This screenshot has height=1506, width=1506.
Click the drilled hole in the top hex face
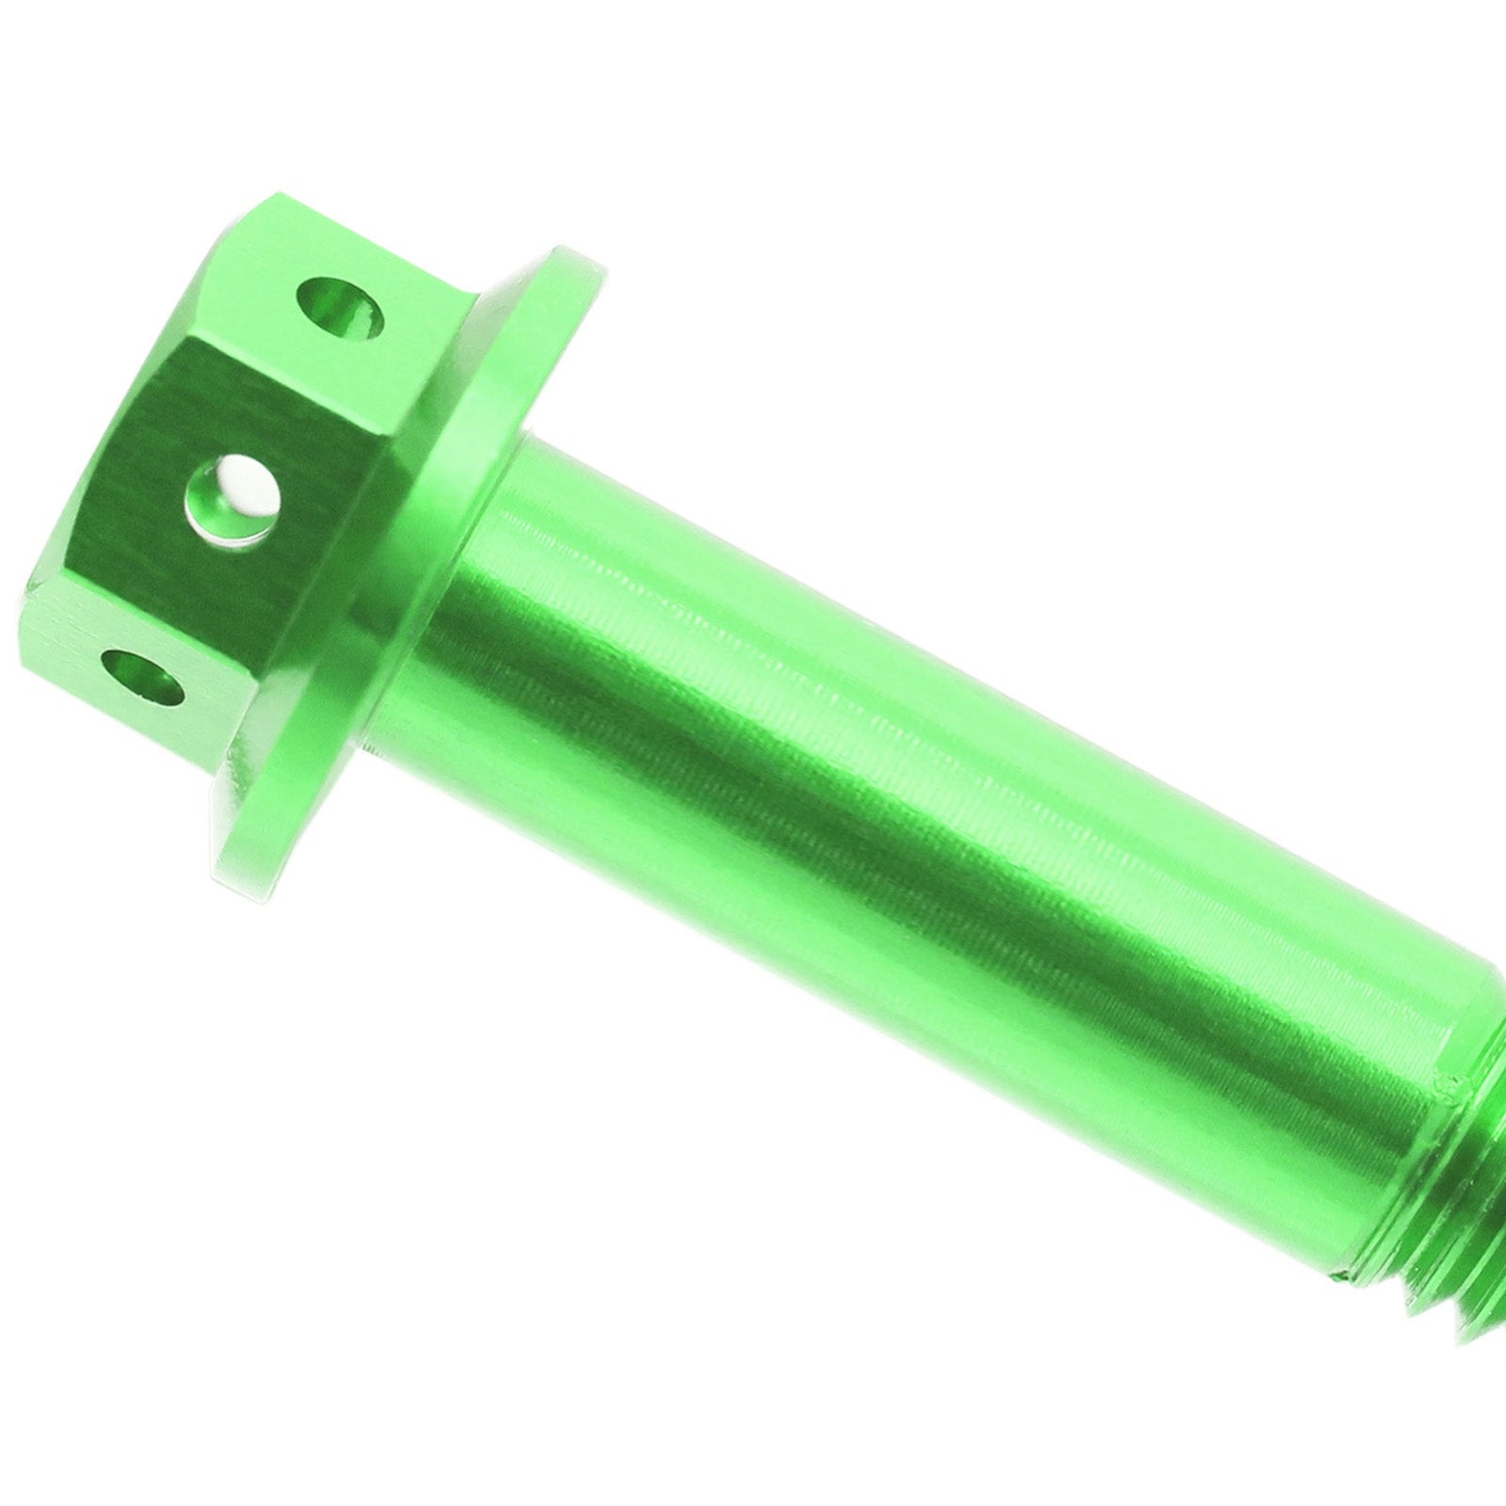[340, 310]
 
